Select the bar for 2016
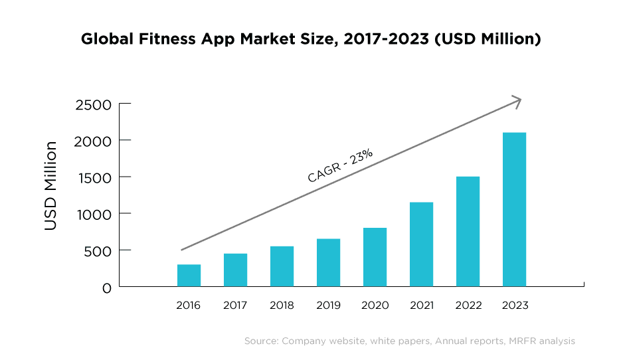click(189, 276)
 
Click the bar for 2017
click(235, 270)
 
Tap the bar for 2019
click(328, 263)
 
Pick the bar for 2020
click(375, 258)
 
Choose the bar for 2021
click(421, 244)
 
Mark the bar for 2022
click(468, 232)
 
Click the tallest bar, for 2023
click(514, 210)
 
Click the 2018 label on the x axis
click(282, 306)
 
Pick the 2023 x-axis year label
click(515, 306)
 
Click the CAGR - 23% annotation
click(339, 165)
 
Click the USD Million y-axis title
click(51, 186)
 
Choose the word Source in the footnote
click(260, 341)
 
